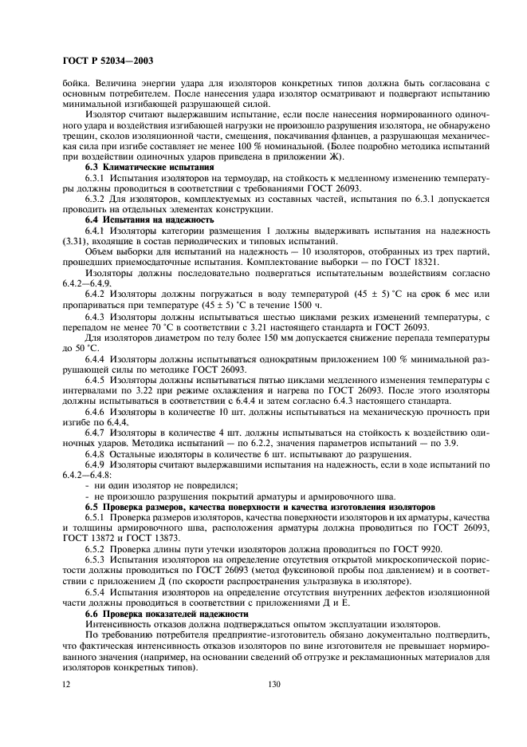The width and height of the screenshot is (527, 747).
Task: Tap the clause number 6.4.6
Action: point(96,412)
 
